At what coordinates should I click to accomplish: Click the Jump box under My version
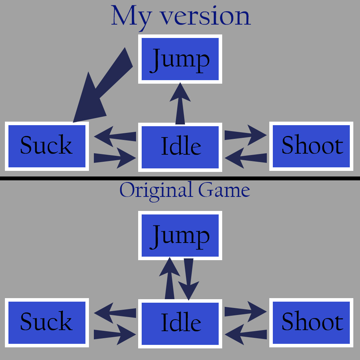pos(180,59)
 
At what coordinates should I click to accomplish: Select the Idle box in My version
pos(180,147)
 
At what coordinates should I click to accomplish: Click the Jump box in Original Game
pos(180,235)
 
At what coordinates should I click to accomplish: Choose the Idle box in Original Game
pos(180,323)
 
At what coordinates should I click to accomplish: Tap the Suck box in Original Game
pos(47,322)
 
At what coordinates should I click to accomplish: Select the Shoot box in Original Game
pos(311,322)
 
